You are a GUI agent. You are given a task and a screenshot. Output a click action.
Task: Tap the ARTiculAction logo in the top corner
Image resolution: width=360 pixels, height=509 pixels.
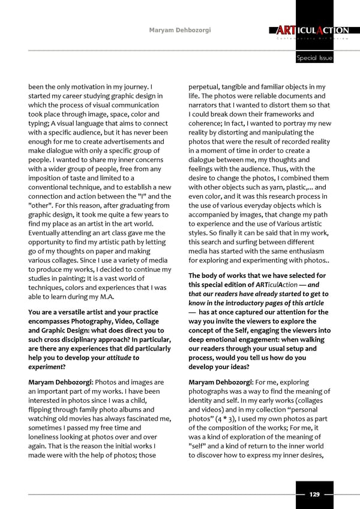[305, 31]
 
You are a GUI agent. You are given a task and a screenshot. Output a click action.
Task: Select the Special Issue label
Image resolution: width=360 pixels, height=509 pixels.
[314, 58]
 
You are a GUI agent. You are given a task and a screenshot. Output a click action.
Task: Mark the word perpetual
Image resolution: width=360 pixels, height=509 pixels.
[206, 87]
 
